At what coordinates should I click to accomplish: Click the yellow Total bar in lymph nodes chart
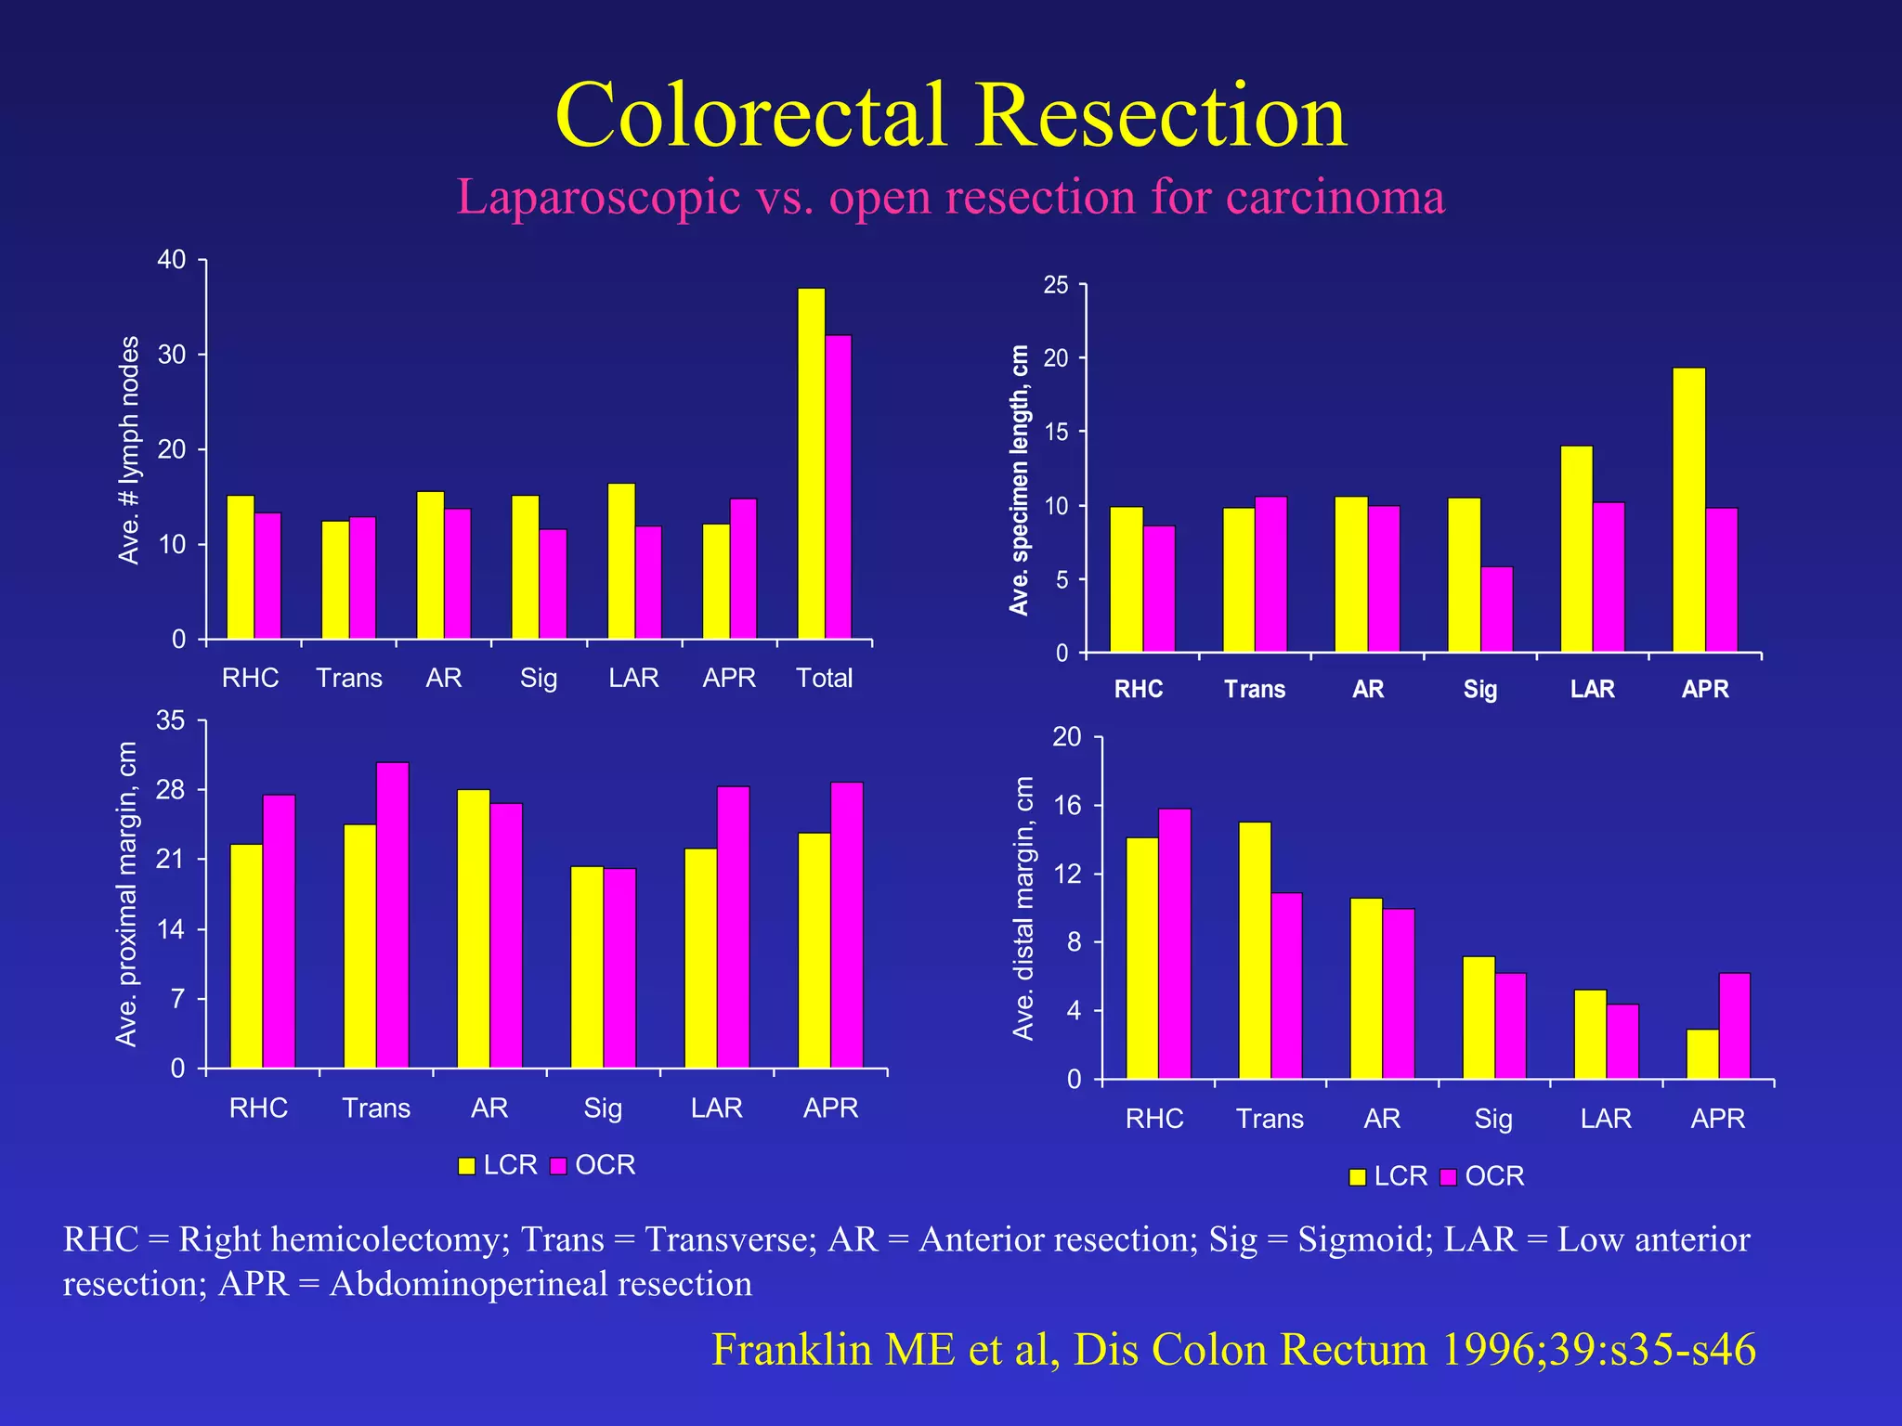coord(811,464)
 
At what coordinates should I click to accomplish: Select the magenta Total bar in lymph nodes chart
coord(838,487)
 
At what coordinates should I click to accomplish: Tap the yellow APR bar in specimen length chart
coord(1688,511)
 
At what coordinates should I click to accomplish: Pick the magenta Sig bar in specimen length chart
coord(1496,609)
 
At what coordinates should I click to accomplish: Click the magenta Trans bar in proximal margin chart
coord(392,914)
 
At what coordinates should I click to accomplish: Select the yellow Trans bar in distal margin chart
coord(1255,951)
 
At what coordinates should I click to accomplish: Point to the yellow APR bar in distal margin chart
coord(1702,1054)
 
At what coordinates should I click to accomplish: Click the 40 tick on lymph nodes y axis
coord(172,260)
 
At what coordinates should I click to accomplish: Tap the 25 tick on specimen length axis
coord(1056,285)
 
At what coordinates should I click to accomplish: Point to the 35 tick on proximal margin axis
coord(171,721)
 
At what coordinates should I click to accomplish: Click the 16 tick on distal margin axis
coord(1068,806)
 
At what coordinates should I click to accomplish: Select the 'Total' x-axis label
coord(824,678)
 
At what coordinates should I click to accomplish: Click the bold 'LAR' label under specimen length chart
coord(1592,689)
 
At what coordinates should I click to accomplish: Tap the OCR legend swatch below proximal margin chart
coord(558,1166)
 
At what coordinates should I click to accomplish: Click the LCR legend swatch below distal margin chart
coord(1358,1177)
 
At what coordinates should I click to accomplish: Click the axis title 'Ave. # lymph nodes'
coord(129,450)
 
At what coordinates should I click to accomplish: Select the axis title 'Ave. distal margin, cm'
coord(1023,908)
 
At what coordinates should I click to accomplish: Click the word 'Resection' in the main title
coord(1160,115)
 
